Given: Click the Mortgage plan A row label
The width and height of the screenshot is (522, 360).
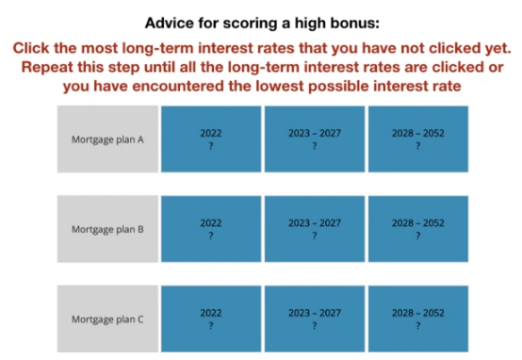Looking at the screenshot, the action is click(107, 139).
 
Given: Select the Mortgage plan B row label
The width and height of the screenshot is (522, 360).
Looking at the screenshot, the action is click(107, 229).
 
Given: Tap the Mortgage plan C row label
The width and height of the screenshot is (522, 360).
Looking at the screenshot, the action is click(107, 319).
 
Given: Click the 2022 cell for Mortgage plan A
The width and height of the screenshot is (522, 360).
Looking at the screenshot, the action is click(211, 139).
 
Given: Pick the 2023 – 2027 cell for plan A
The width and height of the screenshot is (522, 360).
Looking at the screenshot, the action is click(315, 139).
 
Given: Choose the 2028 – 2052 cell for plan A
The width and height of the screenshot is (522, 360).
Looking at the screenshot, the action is click(418, 139).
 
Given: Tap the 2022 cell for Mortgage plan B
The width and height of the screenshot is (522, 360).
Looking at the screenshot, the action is click(211, 229).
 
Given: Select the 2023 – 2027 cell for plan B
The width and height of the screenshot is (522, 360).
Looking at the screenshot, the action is click(315, 229).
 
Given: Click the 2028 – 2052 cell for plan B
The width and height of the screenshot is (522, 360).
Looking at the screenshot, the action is click(418, 229).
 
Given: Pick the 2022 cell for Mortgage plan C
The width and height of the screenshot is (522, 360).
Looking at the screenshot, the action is click(211, 319).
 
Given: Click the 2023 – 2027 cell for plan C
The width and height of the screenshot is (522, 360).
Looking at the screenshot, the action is click(315, 319).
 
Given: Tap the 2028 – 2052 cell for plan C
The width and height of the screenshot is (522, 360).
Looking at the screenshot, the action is click(418, 319).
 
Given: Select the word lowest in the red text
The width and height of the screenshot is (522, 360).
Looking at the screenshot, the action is click(280, 87).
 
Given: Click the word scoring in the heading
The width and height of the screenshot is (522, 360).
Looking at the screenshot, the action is click(249, 24).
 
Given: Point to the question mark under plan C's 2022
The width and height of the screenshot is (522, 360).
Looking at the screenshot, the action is click(211, 326).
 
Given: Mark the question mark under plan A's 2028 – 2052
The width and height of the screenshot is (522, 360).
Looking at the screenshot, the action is click(418, 146).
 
